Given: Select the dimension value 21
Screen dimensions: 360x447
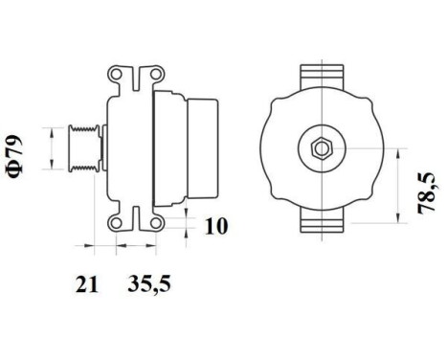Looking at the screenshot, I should pos(85,284).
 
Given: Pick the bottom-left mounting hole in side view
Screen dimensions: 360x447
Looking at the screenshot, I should pos(116,221).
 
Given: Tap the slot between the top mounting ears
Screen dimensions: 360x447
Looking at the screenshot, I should pos(134,73).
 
